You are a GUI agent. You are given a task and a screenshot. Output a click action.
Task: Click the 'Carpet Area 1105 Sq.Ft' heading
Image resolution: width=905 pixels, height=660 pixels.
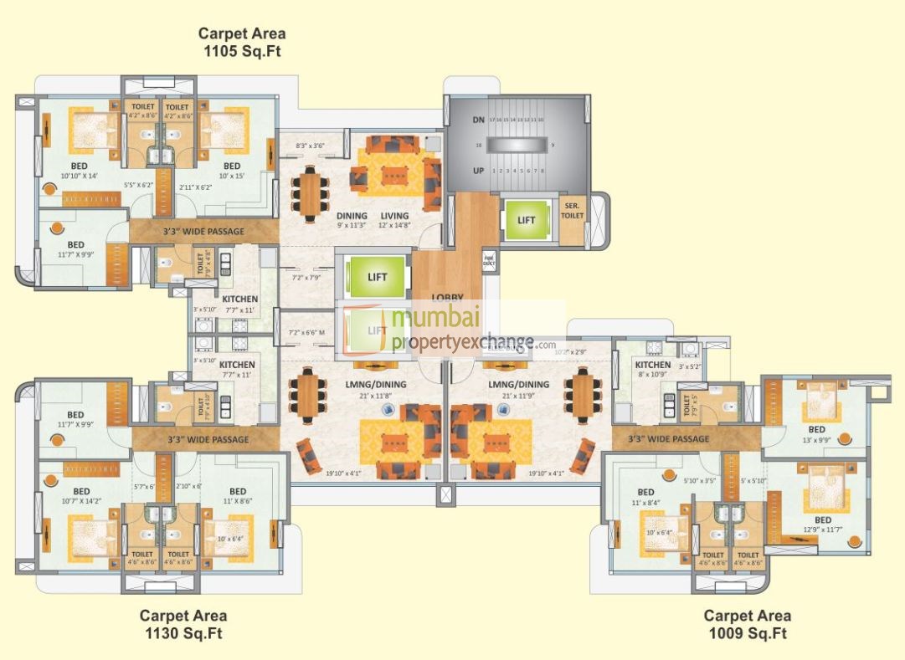coord(241,42)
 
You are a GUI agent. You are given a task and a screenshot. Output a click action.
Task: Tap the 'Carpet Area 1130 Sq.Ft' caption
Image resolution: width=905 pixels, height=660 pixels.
coord(183,625)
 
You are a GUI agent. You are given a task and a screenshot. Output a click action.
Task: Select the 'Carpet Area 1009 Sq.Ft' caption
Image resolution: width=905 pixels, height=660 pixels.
coord(746,625)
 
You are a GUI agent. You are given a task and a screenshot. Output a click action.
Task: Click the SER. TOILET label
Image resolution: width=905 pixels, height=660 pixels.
coord(573,209)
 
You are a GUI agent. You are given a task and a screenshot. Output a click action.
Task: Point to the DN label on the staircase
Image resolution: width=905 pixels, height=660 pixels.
coord(478,120)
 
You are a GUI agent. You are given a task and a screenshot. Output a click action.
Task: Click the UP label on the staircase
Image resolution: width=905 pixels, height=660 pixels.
coord(478,170)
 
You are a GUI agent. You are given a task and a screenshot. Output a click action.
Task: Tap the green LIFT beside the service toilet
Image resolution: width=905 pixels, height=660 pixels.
coord(526,220)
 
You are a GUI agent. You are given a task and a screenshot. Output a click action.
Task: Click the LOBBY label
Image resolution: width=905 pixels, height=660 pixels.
coord(447,297)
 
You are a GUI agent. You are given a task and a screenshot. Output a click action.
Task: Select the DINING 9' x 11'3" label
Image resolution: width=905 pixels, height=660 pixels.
coord(352,220)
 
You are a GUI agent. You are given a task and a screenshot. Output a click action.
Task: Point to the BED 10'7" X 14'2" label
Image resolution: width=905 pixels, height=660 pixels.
coord(81,496)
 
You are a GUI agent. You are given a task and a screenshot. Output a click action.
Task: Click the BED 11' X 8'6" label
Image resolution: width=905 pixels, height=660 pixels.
coord(238,495)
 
